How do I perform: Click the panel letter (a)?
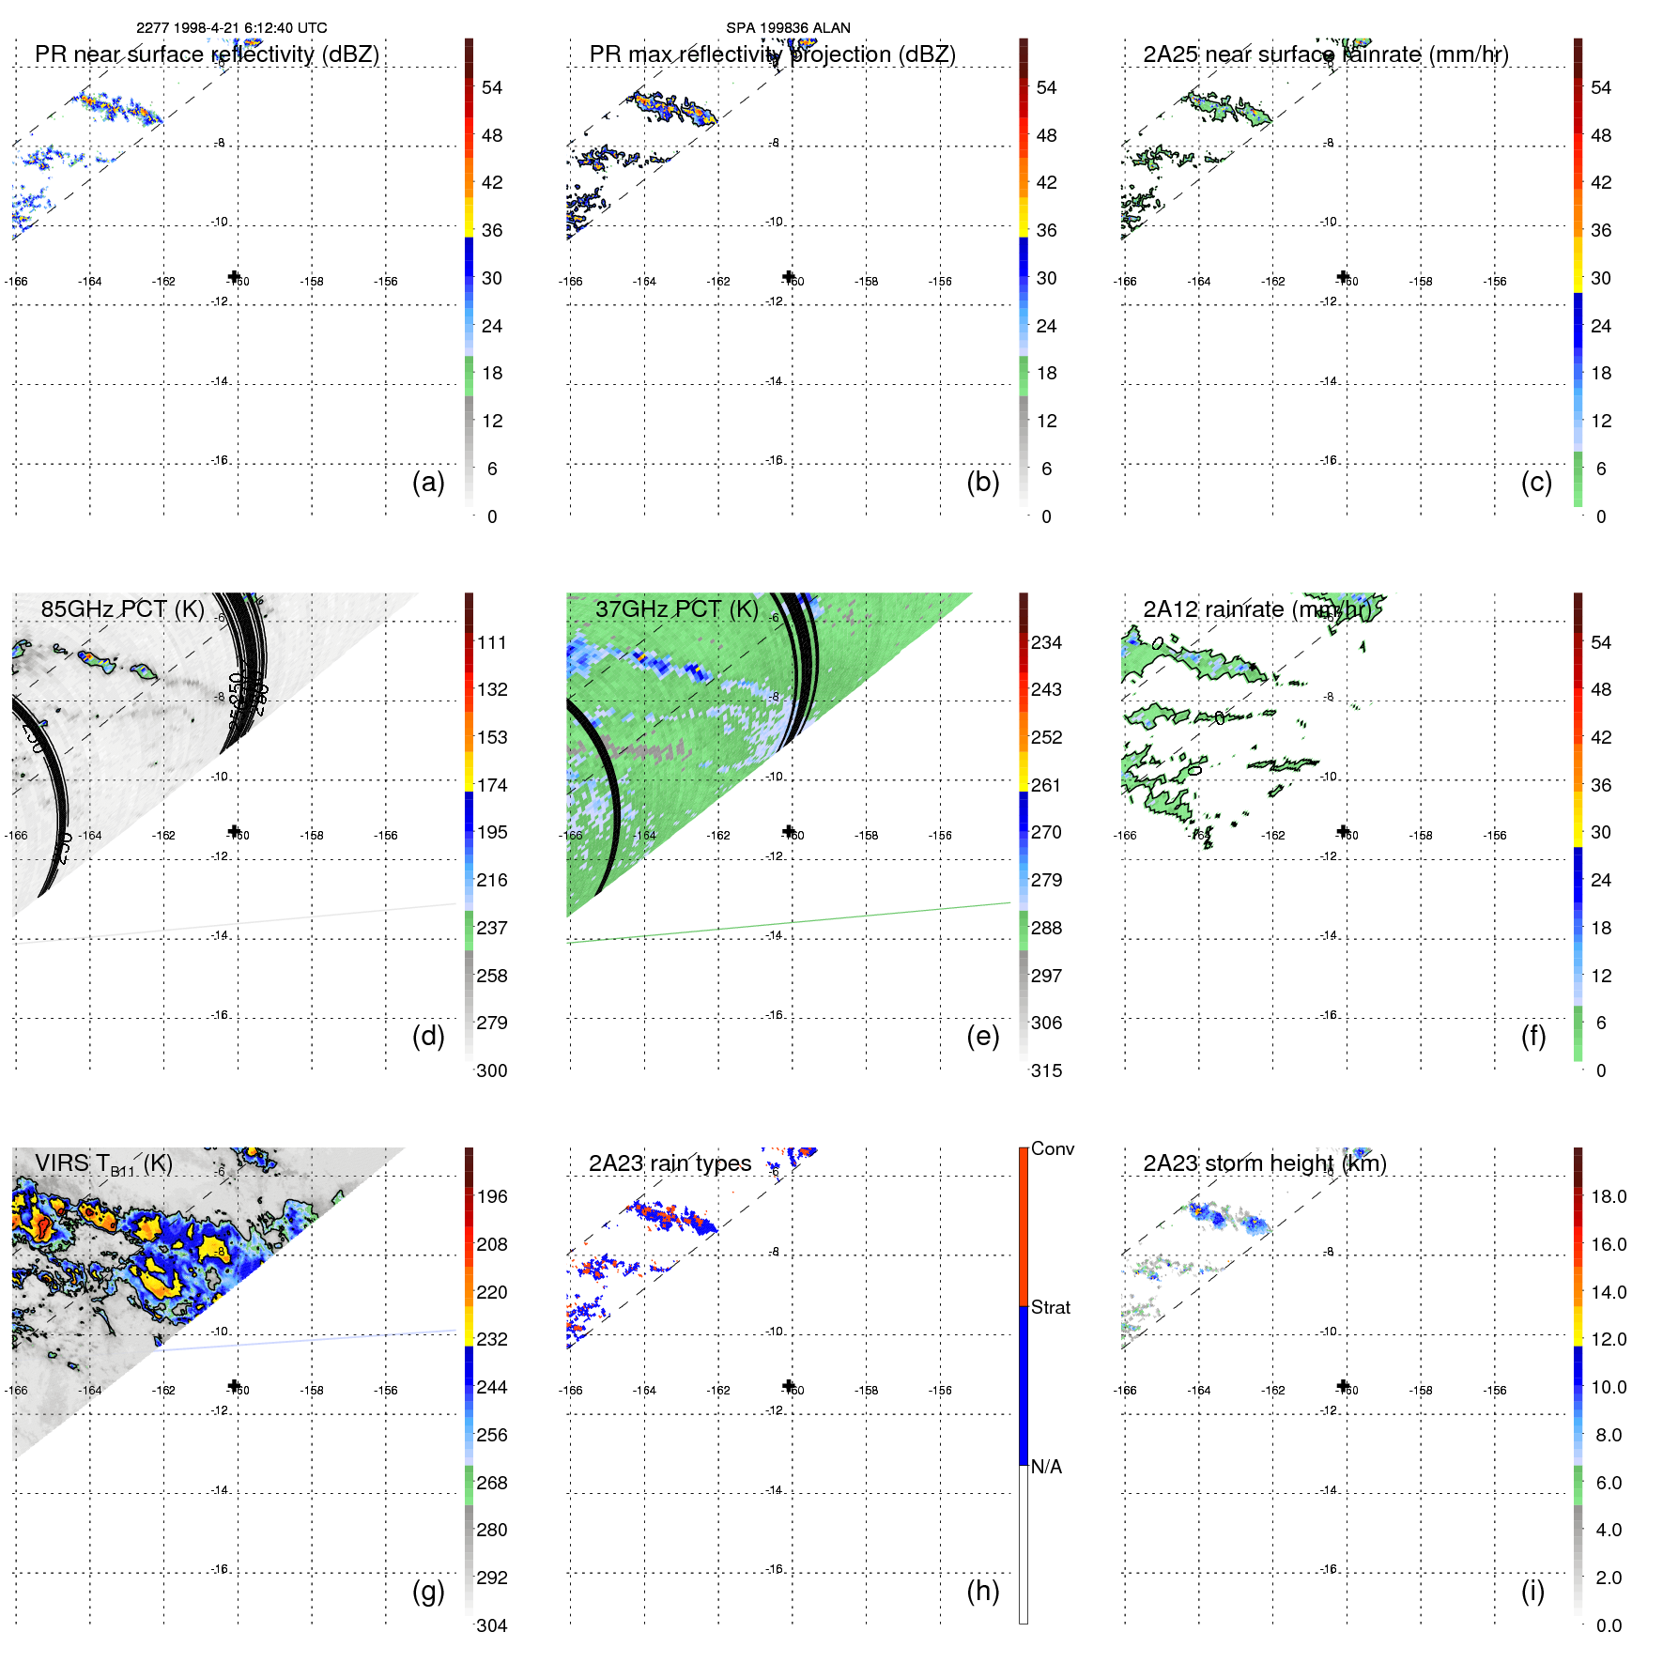pos(428,483)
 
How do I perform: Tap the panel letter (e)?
pos(982,1037)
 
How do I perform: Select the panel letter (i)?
pos(1532,1592)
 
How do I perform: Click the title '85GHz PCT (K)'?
pos(122,609)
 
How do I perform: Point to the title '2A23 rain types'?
pos(670,1163)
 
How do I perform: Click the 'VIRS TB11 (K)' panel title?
pos(103,1164)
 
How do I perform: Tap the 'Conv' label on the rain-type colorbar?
pos(1052,1148)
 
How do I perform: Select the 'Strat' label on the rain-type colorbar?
pos(1050,1307)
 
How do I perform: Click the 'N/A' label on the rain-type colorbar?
pos(1046,1467)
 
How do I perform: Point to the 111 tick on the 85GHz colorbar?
pos(491,643)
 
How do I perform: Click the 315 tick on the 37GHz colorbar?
pos(1046,1071)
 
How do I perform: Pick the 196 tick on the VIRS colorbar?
pos(491,1197)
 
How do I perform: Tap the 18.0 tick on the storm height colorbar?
pos(1608,1197)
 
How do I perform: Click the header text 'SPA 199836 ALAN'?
pos(788,28)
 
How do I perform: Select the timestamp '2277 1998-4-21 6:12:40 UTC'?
pos(232,28)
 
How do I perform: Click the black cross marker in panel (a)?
pos(234,276)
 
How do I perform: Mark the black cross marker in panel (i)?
pos(1343,1386)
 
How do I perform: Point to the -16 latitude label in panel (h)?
pos(774,1569)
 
